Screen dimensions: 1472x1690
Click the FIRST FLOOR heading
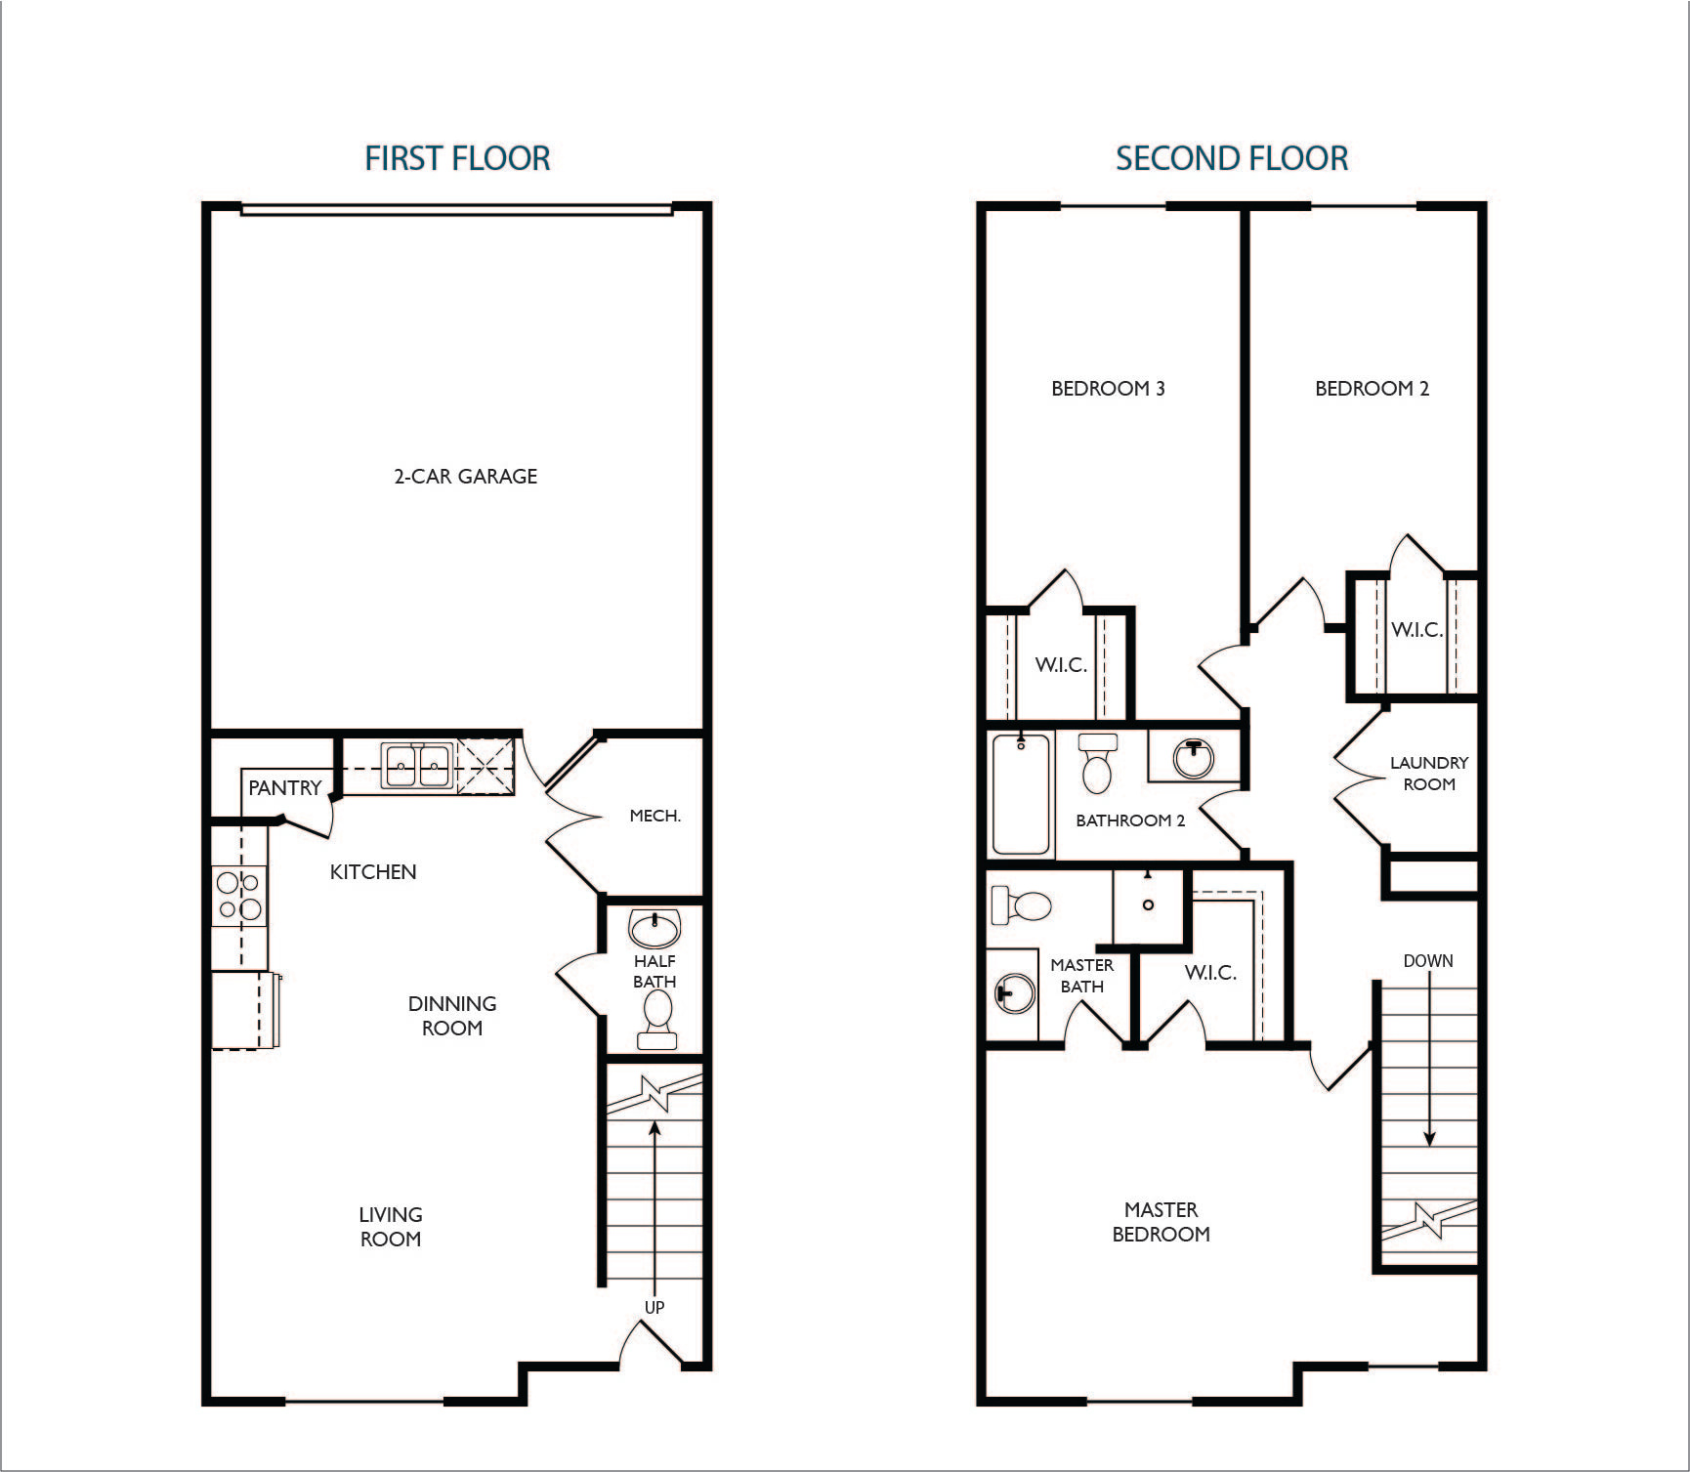[457, 158]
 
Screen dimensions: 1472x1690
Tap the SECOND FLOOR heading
[1232, 158]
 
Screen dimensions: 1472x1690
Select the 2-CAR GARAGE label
[465, 477]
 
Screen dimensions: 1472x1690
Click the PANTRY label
[284, 788]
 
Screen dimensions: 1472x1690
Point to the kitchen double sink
[417, 765]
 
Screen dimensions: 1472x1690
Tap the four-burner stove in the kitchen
[239, 896]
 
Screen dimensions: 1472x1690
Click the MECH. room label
[655, 816]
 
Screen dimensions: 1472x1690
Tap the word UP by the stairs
[655, 1307]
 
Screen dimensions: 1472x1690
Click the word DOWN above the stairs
[1428, 961]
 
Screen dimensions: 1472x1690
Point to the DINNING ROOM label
[452, 1016]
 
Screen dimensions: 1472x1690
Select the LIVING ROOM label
[391, 1227]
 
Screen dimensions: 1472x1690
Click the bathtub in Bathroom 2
[1021, 793]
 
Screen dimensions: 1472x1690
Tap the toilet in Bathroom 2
[1097, 762]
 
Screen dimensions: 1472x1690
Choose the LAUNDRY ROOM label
[1429, 774]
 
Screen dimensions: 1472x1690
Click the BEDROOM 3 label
[1108, 389]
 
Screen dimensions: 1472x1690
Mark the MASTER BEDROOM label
[1161, 1222]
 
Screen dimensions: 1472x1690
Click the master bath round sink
[1013, 994]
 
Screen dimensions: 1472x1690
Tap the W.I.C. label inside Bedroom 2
[1416, 630]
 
